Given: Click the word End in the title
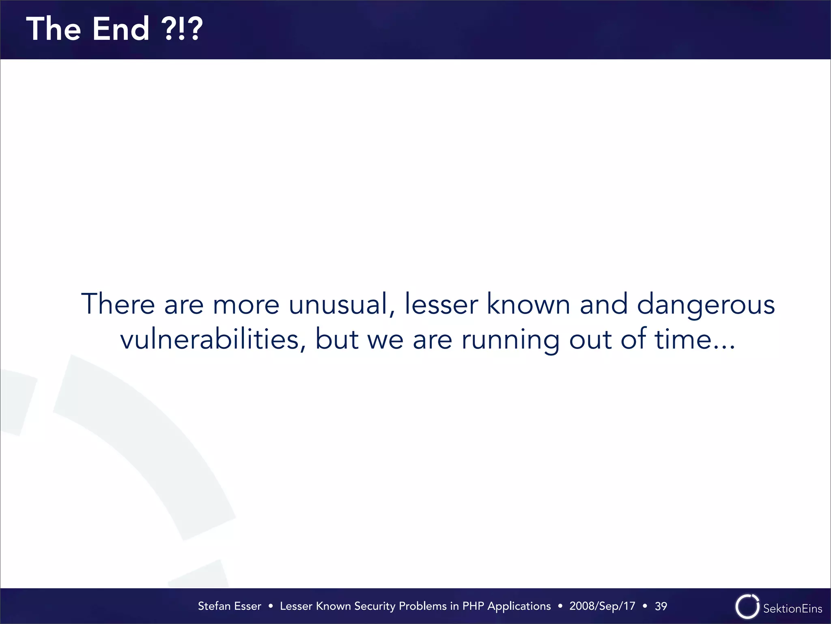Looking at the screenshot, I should pyautogui.click(x=121, y=29).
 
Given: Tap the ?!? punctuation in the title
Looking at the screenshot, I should pyautogui.click(x=182, y=29).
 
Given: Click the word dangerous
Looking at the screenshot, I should pyautogui.click(x=706, y=305).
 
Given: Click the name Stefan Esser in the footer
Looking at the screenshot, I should pyautogui.click(x=229, y=606).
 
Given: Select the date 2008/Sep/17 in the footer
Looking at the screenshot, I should pyautogui.click(x=602, y=606).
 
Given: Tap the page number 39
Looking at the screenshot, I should pyautogui.click(x=661, y=606).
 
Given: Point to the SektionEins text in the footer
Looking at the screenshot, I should pyautogui.click(x=792, y=609).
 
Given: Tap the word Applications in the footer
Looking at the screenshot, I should pyautogui.click(x=519, y=607).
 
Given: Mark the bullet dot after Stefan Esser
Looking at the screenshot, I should pyautogui.click(x=271, y=606).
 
